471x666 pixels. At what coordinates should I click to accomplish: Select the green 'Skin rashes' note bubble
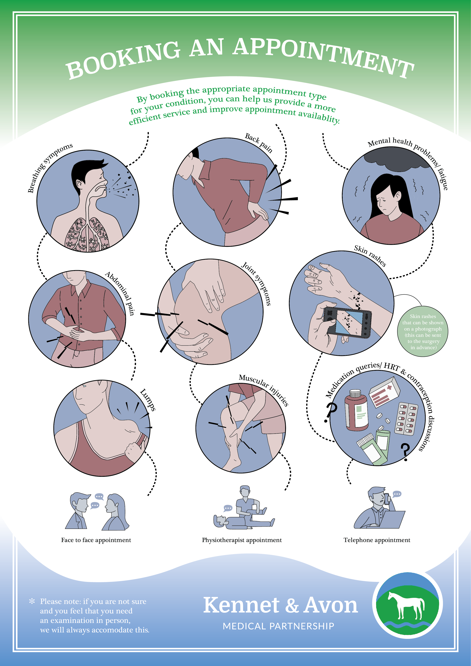423,331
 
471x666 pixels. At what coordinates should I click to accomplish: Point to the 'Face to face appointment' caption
96,540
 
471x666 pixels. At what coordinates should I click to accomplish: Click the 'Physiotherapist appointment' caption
242,540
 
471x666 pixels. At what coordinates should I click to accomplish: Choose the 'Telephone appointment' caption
377,540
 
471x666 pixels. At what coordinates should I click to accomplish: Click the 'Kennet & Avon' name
280,605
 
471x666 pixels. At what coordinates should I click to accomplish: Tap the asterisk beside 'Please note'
32,601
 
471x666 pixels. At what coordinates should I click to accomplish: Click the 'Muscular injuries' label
264,390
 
